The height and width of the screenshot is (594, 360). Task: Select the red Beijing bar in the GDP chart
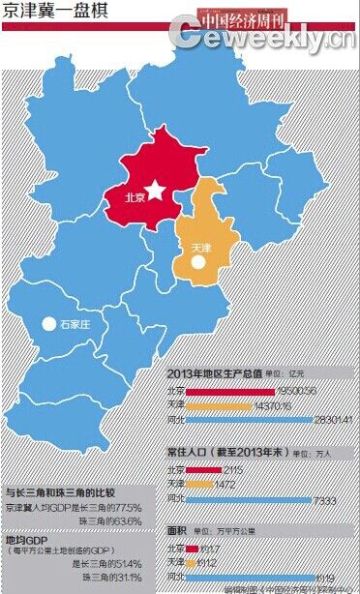click(x=229, y=391)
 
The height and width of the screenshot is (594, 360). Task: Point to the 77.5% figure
click(x=129, y=507)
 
